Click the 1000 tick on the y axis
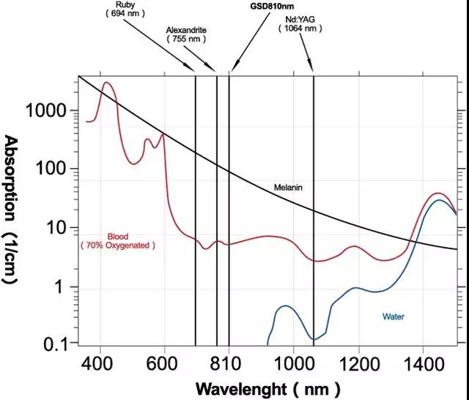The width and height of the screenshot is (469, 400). tap(46, 111)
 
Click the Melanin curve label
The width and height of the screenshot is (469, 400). tap(287, 188)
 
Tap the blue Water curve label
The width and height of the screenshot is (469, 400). tap(393, 317)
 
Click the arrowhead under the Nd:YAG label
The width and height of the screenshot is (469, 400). tap(313, 68)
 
